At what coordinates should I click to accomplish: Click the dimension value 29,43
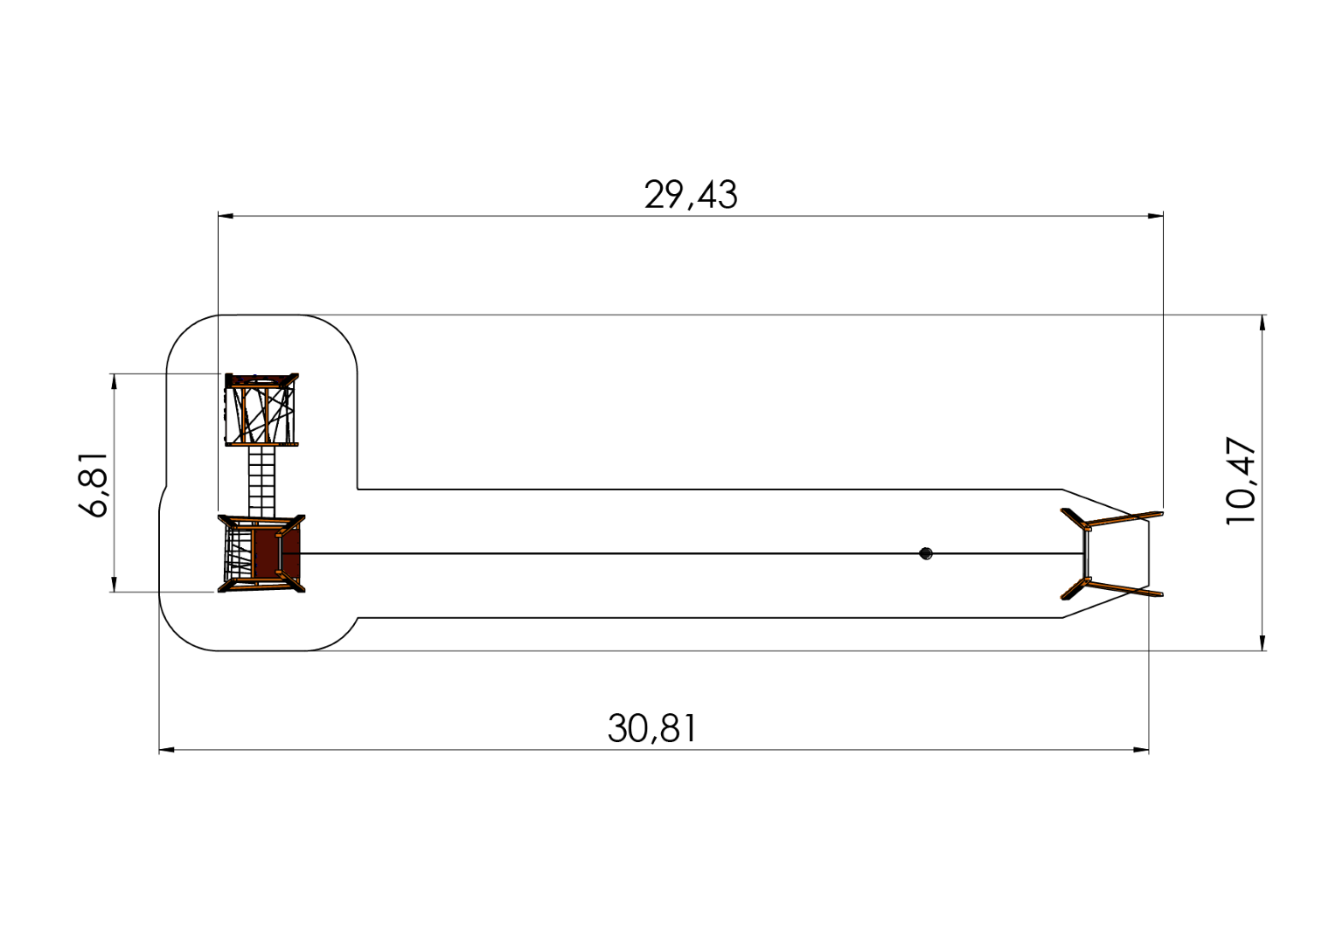point(691,194)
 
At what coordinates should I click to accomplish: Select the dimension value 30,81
point(653,727)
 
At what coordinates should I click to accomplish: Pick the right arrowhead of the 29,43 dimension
point(1156,215)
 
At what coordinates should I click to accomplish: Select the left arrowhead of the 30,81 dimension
point(167,749)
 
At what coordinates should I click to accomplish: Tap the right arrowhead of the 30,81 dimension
point(1141,749)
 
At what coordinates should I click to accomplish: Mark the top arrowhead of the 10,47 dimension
point(1262,323)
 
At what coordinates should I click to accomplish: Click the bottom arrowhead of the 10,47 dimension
point(1262,642)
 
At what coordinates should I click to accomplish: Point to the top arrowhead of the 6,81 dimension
point(113,381)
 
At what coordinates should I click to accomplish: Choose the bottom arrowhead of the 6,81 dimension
point(113,584)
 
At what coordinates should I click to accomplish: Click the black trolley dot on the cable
point(926,553)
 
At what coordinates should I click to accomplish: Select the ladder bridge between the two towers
point(261,481)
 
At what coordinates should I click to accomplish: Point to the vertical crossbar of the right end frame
point(1085,553)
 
